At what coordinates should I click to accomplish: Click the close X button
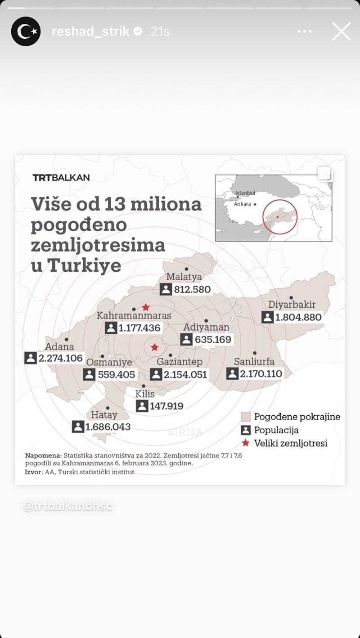[341, 31]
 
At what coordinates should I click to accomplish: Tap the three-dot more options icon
[305, 31]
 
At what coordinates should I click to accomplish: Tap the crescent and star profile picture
[26, 31]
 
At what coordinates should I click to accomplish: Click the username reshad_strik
[90, 31]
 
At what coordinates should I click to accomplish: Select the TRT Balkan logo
[61, 177]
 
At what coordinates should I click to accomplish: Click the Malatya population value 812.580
[192, 289]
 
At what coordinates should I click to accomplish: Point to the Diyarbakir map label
[292, 305]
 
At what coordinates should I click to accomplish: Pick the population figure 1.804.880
[298, 317]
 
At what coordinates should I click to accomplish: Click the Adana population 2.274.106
[61, 358]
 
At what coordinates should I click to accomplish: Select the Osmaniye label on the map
[109, 362]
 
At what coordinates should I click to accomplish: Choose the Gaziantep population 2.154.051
[185, 374]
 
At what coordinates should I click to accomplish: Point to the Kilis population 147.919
[166, 406]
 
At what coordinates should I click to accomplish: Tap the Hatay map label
[104, 414]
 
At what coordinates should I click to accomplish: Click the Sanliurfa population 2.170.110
[261, 373]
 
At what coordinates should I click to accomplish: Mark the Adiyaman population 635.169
[213, 339]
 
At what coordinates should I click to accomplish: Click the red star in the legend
[245, 443]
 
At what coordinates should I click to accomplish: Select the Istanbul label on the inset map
[245, 193]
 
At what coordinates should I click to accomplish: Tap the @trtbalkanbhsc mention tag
[67, 506]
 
